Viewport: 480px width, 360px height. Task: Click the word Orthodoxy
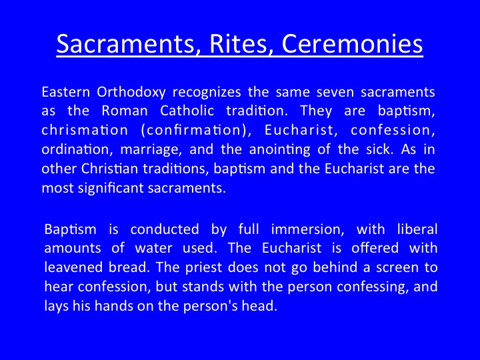coord(131,93)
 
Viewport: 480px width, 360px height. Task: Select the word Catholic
coord(187,111)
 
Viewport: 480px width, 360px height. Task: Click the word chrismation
coord(85,130)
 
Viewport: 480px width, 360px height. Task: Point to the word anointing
coord(280,150)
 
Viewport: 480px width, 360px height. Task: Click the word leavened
coord(73,267)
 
